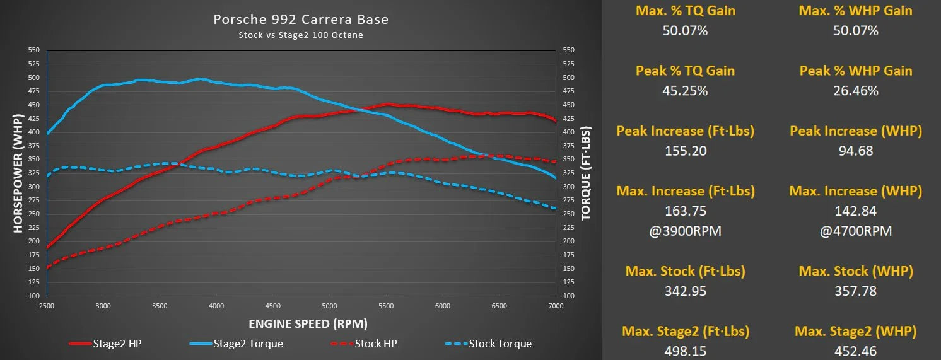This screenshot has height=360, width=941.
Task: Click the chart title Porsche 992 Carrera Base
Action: click(x=301, y=20)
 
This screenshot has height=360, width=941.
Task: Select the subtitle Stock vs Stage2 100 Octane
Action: click(x=301, y=35)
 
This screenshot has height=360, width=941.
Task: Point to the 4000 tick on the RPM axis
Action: click(x=216, y=306)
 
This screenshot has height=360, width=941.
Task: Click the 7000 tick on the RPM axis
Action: click(x=555, y=306)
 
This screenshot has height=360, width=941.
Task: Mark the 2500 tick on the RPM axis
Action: click(x=47, y=306)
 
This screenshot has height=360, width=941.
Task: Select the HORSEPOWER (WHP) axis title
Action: click(x=18, y=172)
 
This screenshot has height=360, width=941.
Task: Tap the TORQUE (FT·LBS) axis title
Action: click(x=585, y=172)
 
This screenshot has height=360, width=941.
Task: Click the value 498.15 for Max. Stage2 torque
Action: click(x=685, y=351)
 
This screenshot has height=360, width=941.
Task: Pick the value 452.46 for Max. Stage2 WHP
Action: click(x=855, y=351)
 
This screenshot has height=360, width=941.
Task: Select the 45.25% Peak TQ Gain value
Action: click(x=685, y=91)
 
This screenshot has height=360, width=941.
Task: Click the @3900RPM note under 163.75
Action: click(x=685, y=231)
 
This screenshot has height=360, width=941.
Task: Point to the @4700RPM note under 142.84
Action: click(x=855, y=231)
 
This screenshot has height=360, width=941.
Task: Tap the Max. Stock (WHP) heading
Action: click(x=855, y=271)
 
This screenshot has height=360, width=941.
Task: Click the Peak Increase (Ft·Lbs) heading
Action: click(x=685, y=131)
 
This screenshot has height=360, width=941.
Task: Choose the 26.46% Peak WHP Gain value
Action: click(x=855, y=91)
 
